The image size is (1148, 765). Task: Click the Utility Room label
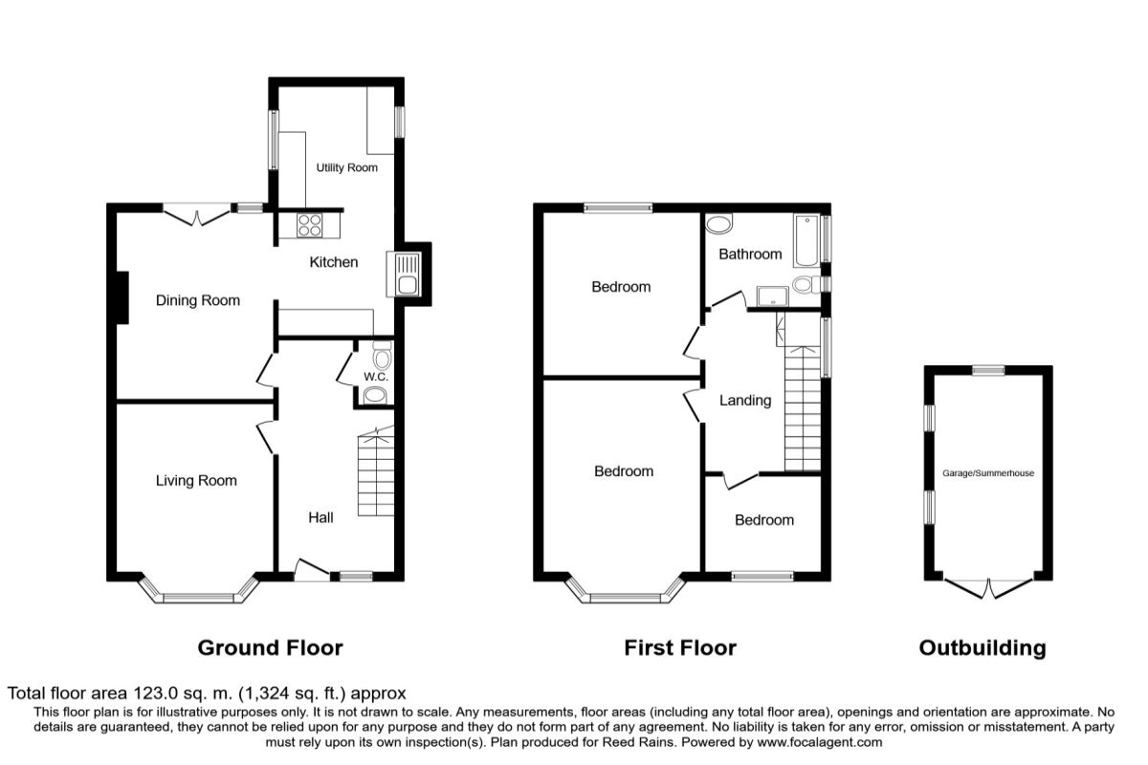tap(346, 167)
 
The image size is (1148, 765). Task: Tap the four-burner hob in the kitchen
tap(310, 226)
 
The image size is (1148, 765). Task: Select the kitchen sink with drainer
tap(404, 274)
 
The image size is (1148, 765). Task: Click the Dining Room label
tap(198, 300)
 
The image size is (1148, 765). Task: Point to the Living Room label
tap(196, 481)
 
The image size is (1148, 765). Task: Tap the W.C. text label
tap(376, 377)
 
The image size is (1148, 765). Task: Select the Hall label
tap(320, 517)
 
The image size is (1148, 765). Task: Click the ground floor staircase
tap(376, 471)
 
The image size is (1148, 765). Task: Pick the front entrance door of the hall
tap(312, 570)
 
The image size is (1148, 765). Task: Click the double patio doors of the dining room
tap(197, 215)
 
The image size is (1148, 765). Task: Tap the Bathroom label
tap(750, 254)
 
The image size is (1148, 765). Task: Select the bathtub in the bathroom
tap(806, 240)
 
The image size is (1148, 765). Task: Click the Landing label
tap(745, 400)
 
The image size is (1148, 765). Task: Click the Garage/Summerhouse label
tap(988, 473)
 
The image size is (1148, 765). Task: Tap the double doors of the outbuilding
tap(988, 589)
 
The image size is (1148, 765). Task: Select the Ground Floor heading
tap(270, 648)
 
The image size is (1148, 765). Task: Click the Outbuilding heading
tap(982, 648)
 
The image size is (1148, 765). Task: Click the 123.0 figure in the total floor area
tap(156, 693)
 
